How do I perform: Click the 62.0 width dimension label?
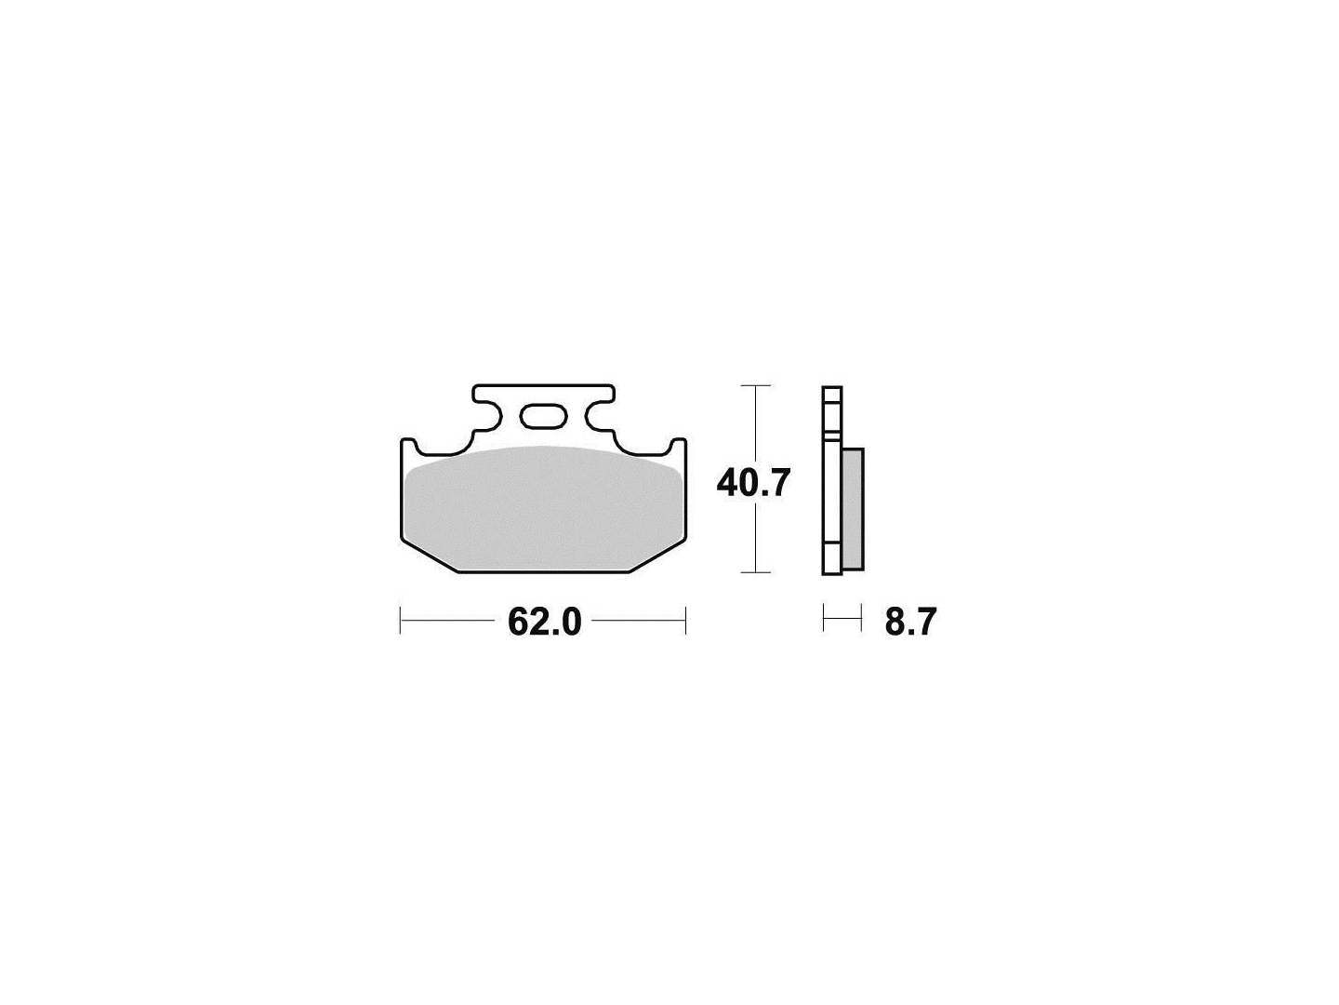[544, 623]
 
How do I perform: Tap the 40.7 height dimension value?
[753, 484]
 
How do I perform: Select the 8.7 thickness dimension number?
[910, 623]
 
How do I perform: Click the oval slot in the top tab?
[544, 417]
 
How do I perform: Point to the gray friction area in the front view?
[544, 508]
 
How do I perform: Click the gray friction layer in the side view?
[852, 509]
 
